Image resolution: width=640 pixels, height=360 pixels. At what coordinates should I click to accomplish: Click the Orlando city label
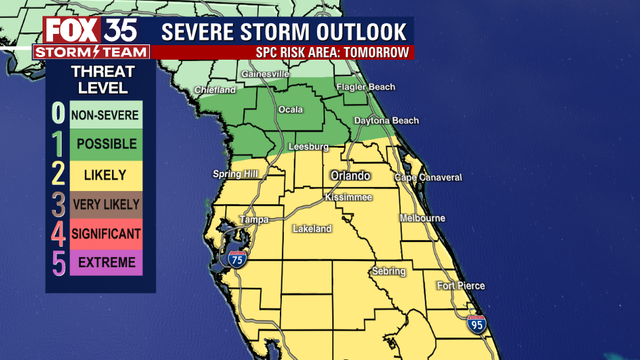(351, 176)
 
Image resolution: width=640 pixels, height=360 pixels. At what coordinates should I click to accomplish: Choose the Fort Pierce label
(461, 286)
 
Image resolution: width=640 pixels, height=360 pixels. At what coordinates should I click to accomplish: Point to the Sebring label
(387, 271)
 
